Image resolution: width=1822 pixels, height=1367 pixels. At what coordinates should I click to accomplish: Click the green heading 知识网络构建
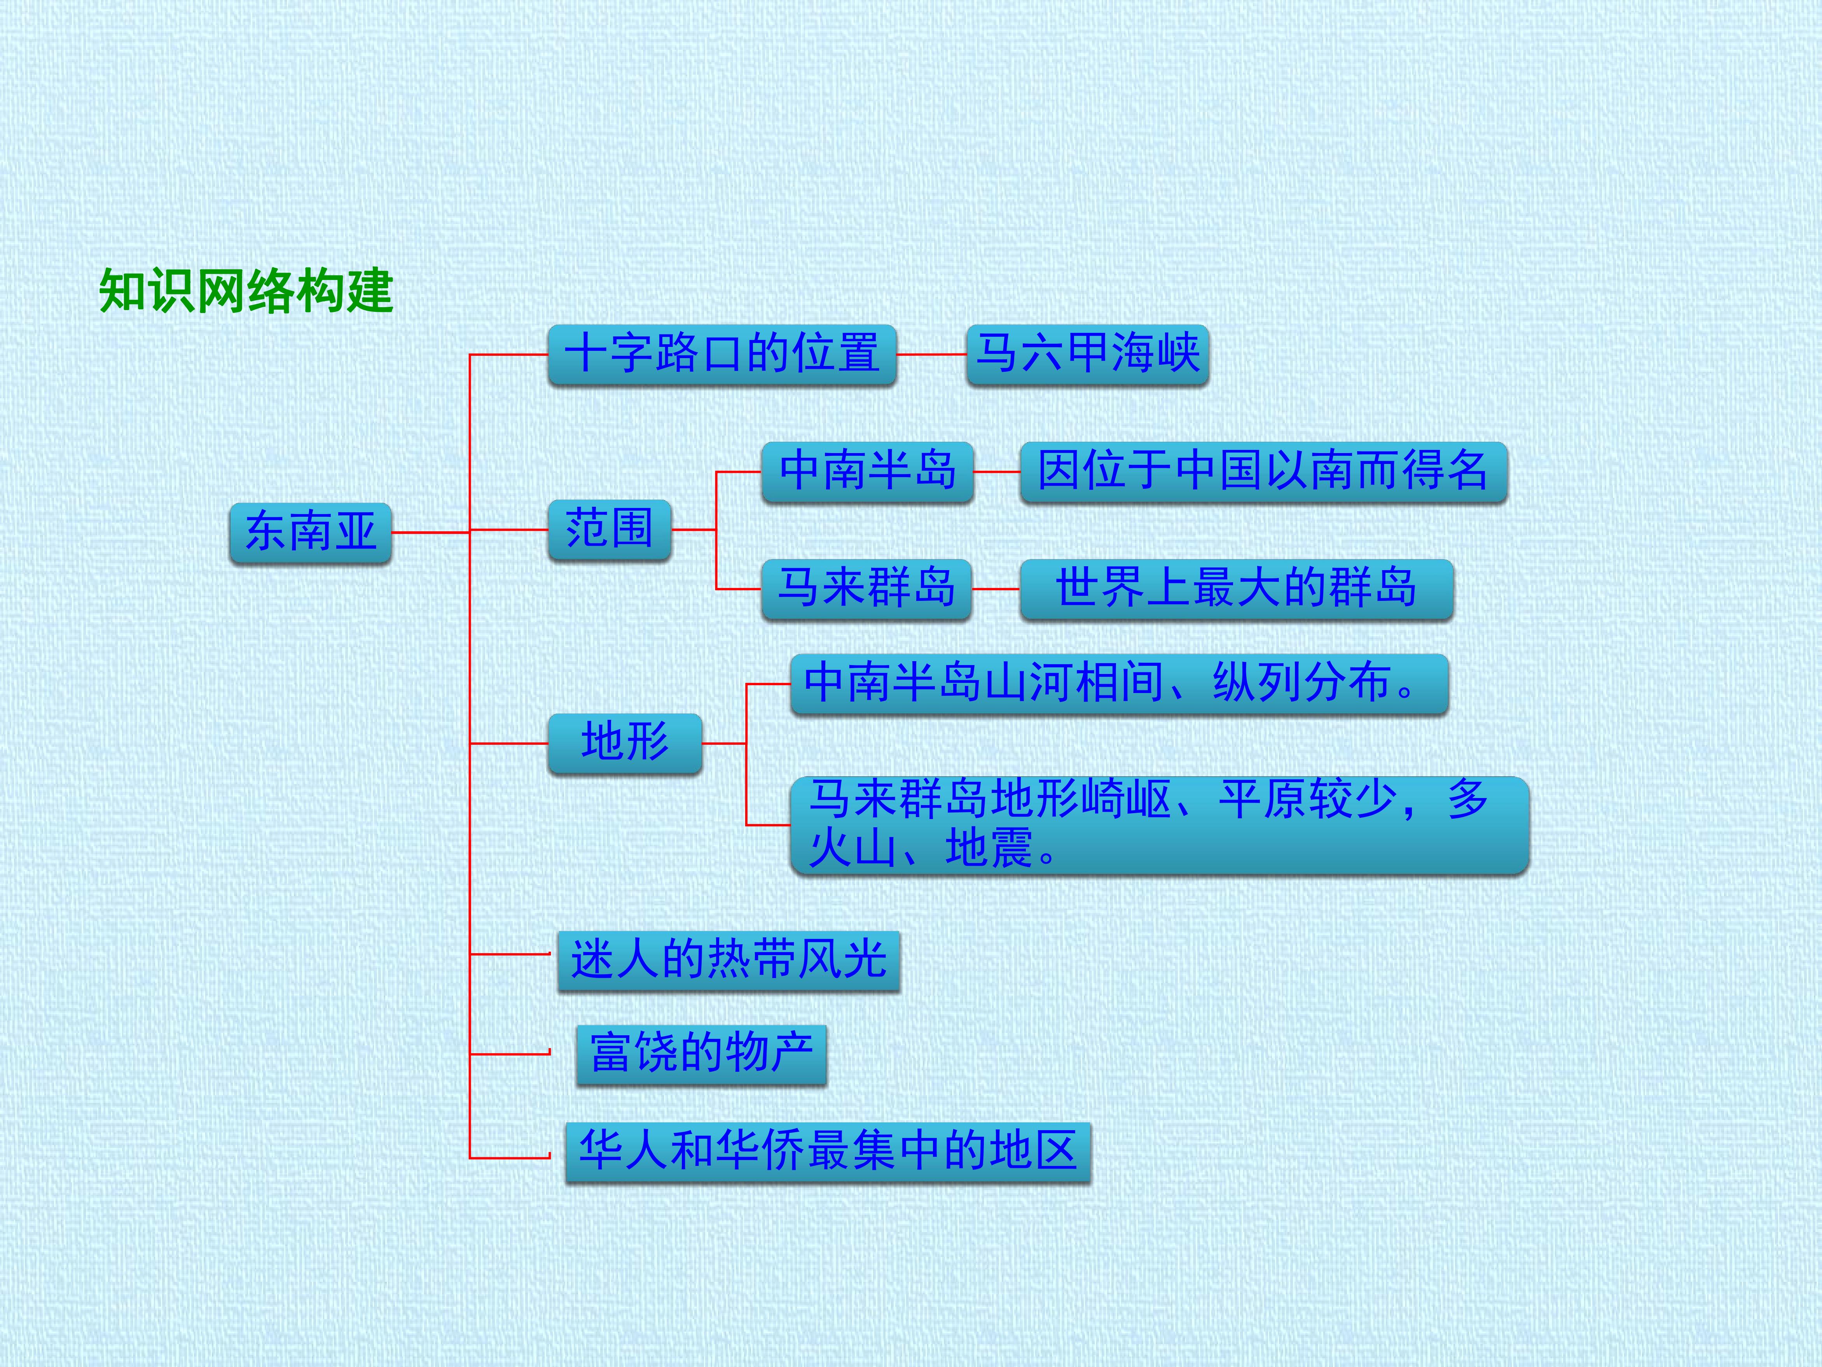246,291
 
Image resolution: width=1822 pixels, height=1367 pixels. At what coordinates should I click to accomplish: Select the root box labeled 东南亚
311,532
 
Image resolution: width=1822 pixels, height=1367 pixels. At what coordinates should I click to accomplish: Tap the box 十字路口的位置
721,354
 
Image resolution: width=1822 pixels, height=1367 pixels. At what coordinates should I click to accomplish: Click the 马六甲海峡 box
1087,354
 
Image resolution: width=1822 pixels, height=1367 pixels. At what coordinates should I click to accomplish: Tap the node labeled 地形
625,743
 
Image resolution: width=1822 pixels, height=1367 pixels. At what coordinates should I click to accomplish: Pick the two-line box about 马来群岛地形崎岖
1159,825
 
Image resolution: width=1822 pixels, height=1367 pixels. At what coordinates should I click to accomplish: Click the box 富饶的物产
701,1055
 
